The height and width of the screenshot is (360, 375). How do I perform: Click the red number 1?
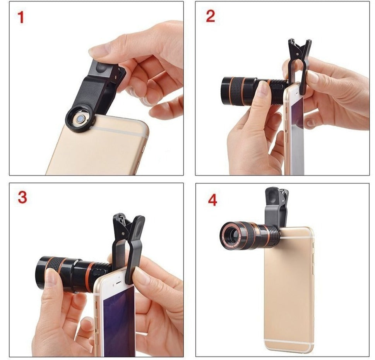21,17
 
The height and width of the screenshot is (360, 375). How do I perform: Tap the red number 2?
210,16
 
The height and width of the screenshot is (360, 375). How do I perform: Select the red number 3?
22,197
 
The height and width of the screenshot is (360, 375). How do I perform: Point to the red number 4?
212,200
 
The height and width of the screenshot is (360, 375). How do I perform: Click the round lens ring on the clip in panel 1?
80,119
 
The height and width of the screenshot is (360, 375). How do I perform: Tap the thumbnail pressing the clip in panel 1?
99,51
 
